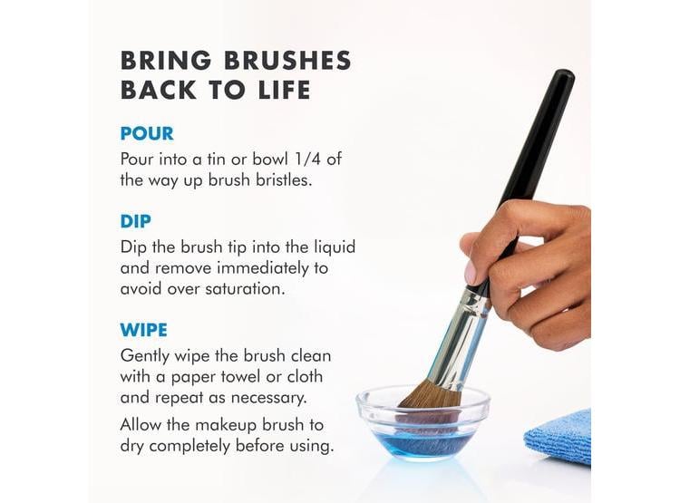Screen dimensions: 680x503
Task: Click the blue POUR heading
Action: point(147,133)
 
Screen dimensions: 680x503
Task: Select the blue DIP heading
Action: point(135,221)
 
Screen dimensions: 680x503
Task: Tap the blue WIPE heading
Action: point(143,330)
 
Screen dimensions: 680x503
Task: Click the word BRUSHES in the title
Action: point(288,61)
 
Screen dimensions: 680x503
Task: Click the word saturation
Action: point(245,289)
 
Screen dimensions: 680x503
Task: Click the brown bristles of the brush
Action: point(431,396)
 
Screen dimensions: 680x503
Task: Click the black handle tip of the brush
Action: point(564,75)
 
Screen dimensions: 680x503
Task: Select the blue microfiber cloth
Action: point(559,436)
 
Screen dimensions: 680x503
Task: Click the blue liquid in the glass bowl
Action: point(422,443)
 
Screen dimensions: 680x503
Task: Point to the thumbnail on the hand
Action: point(470,273)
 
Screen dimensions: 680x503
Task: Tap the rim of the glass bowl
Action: point(359,403)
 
